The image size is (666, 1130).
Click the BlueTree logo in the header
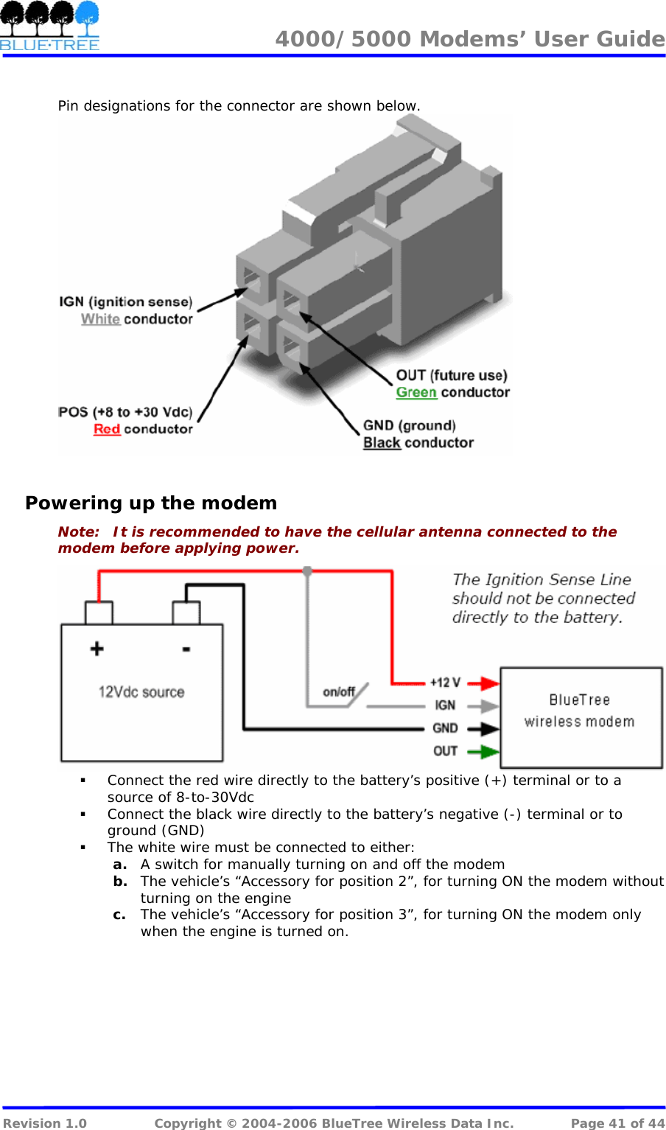pos(49,27)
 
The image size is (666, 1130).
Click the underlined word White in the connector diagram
pos(100,319)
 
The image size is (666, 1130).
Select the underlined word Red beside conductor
pos(107,429)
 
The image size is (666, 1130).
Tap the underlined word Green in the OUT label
pos(416,393)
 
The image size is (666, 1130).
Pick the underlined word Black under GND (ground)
pos(382,443)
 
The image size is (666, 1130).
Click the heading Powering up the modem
pos(151,503)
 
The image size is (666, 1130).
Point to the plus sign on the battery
pos(97,649)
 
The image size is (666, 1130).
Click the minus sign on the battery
pos(186,649)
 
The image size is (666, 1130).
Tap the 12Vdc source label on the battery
pos(141,692)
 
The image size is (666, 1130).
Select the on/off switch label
pos(339,691)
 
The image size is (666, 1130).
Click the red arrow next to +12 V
pos(483,683)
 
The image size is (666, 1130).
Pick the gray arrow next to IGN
pos(483,706)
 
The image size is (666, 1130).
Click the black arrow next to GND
pos(483,729)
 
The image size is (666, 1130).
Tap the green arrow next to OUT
pos(483,752)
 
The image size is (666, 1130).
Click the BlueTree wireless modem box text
pos(580,711)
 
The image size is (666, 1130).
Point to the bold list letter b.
pos(120,882)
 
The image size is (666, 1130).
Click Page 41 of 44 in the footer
pos(617,1123)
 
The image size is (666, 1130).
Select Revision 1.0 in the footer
pos(45,1123)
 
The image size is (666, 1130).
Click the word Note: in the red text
pos(79,532)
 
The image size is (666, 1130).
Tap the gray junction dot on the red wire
pos(307,571)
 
